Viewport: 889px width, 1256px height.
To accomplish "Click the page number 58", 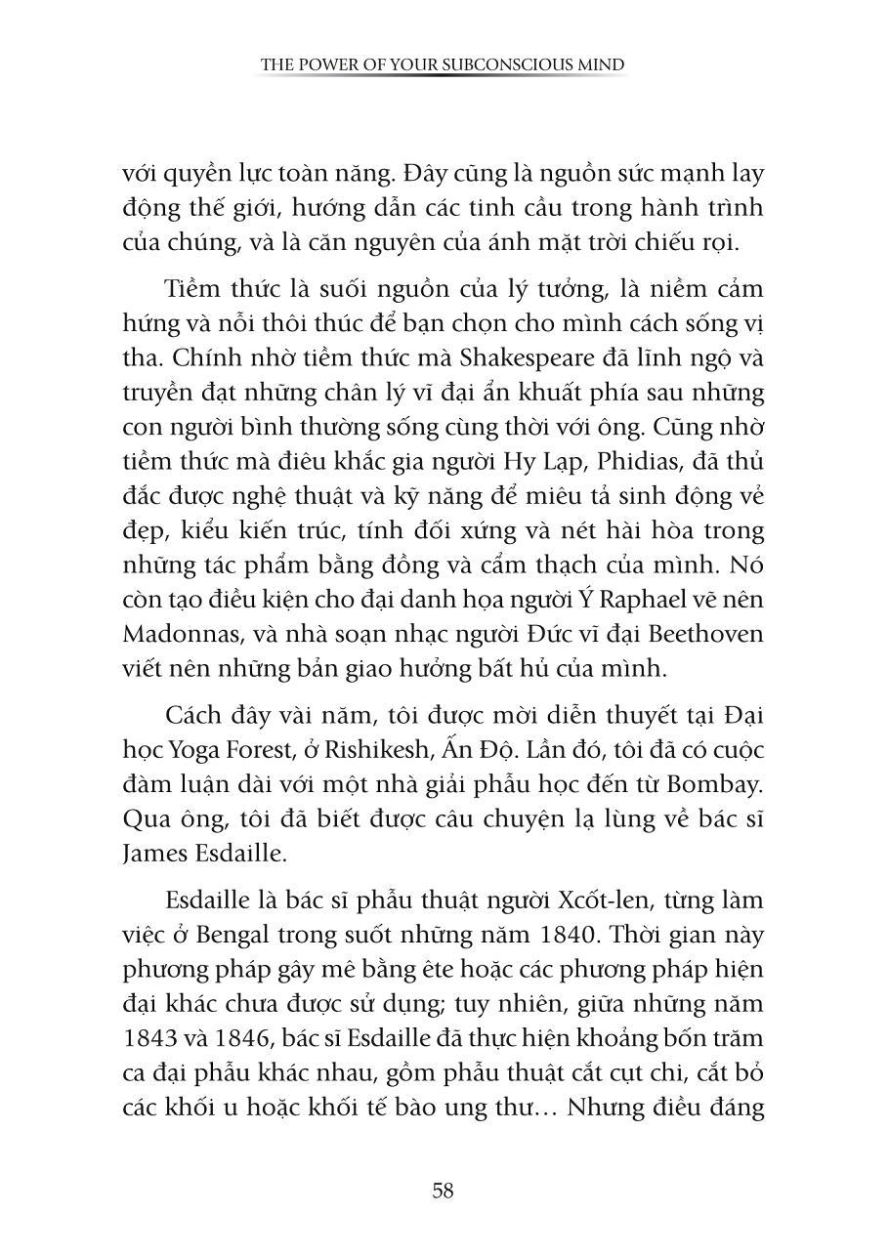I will point(443,1191).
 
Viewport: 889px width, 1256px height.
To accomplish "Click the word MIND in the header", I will point(604,65).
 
